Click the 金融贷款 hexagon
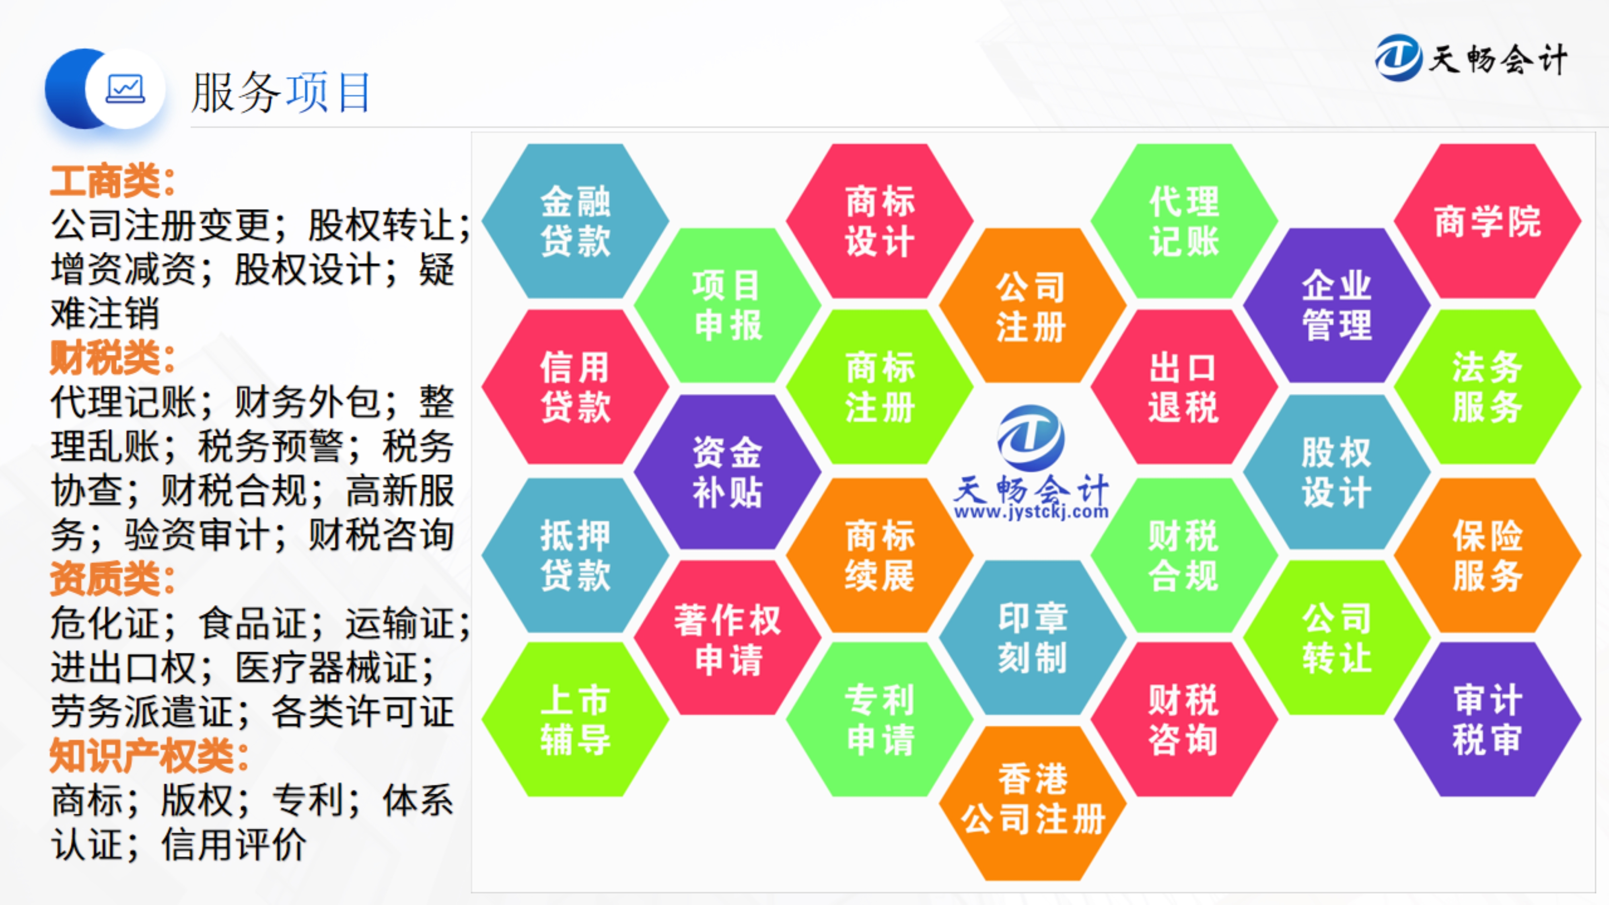[x=575, y=221]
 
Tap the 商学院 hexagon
[x=1487, y=221]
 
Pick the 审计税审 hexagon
[x=1487, y=720]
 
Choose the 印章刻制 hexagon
[x=1033, y=637]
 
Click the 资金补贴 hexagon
[x=728, y=471]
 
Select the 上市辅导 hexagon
[x=575, y=720]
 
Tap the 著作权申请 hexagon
[x=728, y=637]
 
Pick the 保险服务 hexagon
[x=1487, y=555]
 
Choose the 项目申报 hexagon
[x=728, y=305]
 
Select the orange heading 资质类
[x=113, y=578]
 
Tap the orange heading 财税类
[x=113, y=358]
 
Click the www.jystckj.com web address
[x=1031, y=512]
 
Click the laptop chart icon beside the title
[x=126, y=88]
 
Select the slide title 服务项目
[x=281, y=93]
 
